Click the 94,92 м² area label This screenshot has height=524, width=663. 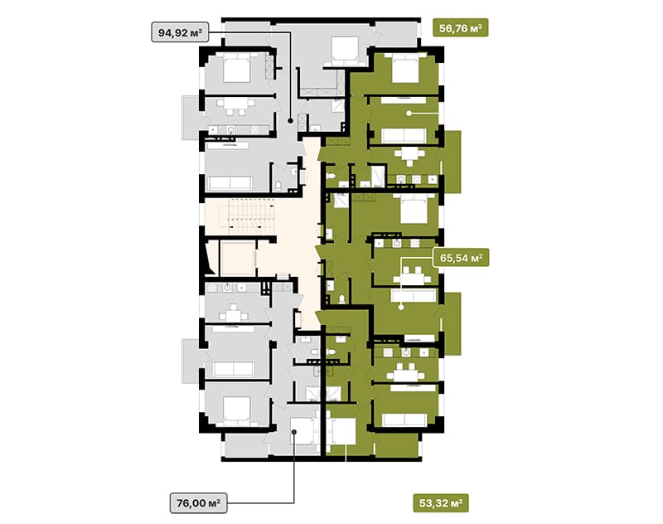(x=180, y=32)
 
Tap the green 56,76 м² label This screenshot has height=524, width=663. (x=461, y=28)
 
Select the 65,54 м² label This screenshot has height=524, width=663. (x=461, y=258)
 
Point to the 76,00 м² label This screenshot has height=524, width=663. (x=198, y=502)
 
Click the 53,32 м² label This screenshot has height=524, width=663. (x=441, y=503)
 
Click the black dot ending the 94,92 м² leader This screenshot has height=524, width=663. (x=291, y=121)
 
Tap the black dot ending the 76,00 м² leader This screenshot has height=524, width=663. (x=294, y=432)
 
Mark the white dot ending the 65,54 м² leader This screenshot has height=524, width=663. (x=401, y=308)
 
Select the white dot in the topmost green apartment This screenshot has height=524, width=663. (x=409, y=114)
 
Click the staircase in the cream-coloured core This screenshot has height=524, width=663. (x=250, y=217)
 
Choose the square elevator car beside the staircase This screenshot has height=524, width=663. (x=238, y=258)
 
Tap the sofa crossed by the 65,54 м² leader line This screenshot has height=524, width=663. (x=414, y=295)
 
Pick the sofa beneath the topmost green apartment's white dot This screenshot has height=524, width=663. (x=404, y=136)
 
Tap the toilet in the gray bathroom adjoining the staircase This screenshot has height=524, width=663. (x=278, y=186)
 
